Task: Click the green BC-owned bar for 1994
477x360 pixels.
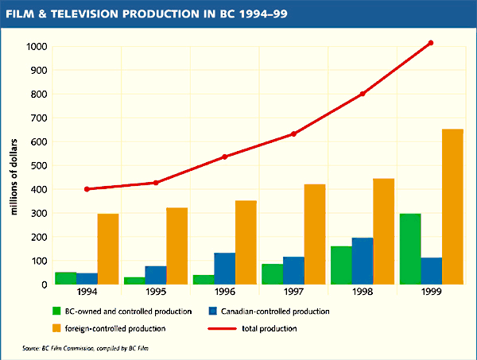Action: [x=65, y=278]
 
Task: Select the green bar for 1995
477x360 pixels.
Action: [x=134, y=281]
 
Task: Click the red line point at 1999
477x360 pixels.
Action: [x=431, y=43]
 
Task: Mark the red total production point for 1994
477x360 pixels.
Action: [x=86, y=189]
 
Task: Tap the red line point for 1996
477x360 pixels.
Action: [x=224, y=157]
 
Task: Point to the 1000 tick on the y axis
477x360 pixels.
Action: [x=36, y=46]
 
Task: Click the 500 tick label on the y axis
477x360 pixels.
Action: [x=38, y=165]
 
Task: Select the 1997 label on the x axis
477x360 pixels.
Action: [x=293, y=292]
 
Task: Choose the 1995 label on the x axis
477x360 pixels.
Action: [x=155, y=292]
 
